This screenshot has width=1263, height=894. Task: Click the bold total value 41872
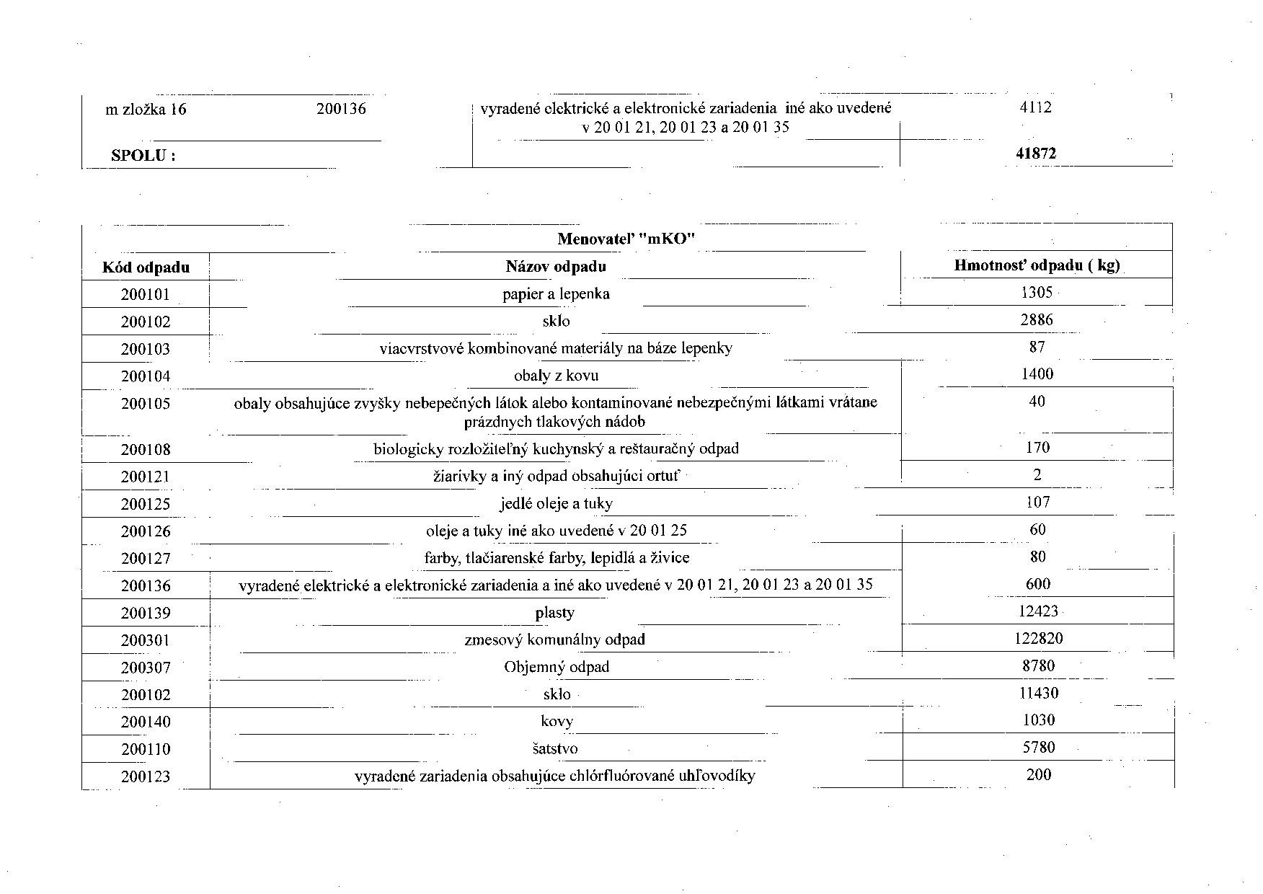[x=1037, y=154]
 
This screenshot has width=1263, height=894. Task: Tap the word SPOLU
[x=143, y=156]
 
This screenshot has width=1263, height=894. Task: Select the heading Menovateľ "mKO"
[x=626, y=239]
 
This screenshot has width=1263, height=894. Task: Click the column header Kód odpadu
[x=146, y=268]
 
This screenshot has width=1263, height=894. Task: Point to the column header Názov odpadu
[x=555, y=267]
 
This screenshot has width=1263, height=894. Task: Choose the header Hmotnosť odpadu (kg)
[x=1037, y=265]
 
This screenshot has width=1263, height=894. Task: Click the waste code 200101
[x=145, y=295]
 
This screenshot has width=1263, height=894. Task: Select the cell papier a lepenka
[x=556, y=294]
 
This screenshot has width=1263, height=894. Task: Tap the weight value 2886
[x=1037, y=320]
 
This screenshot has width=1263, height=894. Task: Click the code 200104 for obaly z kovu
[x=145, y=376]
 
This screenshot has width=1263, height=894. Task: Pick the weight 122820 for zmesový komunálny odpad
[x=1037, y=639]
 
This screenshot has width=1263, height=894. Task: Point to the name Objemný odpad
[x=556, y=667]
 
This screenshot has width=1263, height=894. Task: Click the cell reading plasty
[x=554, y=613]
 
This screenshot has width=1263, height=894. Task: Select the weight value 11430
[x=1038, y=694]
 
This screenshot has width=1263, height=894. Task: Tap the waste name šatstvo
[x=556, y=749]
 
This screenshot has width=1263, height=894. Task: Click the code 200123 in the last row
[x=145, y=777]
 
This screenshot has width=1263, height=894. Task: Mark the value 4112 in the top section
[x=1036, y=107]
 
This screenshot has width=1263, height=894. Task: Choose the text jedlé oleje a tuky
[x=556, y=503]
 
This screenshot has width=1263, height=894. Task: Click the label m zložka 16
[x=146, y=110]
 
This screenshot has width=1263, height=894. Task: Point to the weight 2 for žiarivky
[x=1037, y=475]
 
